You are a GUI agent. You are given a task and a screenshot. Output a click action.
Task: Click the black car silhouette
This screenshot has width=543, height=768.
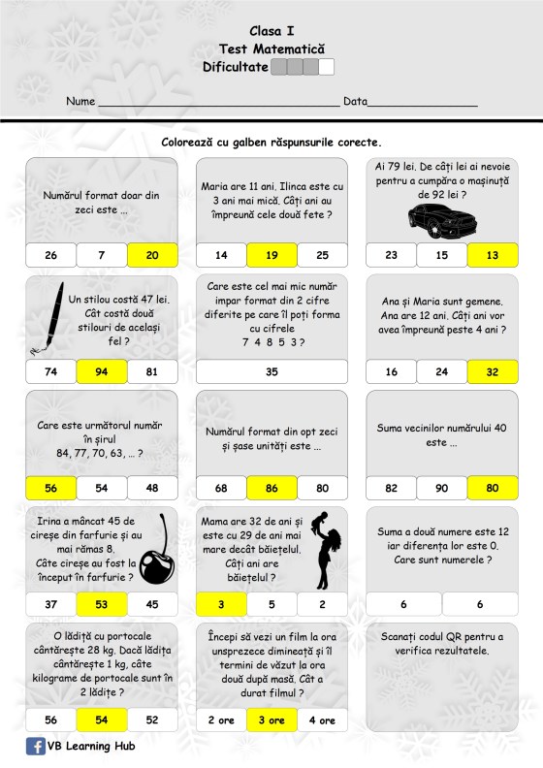[442, 221]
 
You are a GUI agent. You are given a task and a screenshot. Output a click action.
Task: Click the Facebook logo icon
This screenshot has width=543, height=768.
[35, 746]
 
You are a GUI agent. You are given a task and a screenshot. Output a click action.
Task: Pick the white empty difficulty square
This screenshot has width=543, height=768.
[327, 67]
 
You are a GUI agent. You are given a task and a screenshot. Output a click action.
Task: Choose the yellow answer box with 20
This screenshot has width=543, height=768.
[152, 255]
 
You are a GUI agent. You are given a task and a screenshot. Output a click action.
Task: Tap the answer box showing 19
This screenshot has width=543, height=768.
[271, 255]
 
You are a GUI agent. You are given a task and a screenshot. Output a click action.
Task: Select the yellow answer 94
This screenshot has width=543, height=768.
[102, 371]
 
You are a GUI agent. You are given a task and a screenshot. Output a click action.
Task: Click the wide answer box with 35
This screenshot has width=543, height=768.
[271, 371]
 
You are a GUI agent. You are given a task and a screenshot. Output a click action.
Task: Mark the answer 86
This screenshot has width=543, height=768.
[271, 488]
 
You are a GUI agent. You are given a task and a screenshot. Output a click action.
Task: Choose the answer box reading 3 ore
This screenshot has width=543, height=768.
[271, 720]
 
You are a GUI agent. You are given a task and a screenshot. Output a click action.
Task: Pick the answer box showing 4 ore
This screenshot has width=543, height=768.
[322, 720]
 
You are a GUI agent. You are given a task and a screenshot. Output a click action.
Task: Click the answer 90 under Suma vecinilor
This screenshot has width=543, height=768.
[441, 488]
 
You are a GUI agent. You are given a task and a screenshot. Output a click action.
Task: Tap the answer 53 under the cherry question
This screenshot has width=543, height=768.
[102, 604]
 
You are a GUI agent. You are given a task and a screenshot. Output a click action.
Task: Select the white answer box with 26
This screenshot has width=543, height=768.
[51, 255]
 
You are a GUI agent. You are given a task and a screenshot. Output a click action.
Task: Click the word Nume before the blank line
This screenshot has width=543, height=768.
[80, 101]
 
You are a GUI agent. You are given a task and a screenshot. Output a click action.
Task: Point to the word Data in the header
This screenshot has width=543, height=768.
[355, 101]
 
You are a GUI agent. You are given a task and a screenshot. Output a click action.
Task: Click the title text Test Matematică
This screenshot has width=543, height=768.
[271, 49]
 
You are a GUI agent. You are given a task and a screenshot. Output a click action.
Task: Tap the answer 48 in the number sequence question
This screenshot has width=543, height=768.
[152, 488]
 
